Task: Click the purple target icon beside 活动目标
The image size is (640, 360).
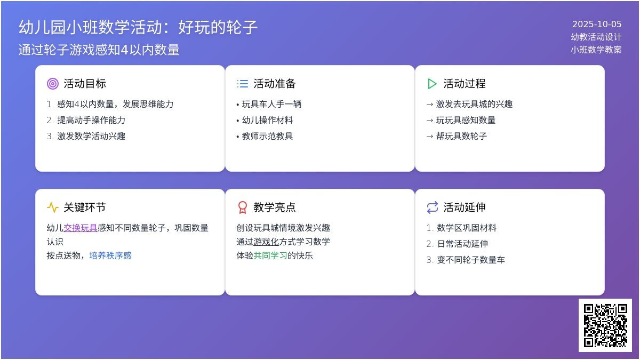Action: [53, 84]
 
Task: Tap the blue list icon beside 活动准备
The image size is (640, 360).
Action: [243, 84]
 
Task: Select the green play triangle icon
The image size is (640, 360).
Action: [433, 84]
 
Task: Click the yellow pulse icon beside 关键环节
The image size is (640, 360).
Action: [53, 207]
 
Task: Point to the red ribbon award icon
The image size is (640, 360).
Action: [243, 207]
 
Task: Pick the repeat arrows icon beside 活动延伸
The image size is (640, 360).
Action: [433, 207]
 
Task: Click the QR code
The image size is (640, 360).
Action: [605, 325]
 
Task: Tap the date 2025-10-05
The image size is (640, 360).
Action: [597, 25]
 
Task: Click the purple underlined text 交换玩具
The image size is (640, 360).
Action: [81, 228]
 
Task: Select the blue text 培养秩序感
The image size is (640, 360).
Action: [110, 255]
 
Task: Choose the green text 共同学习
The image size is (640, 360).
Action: [270, 255]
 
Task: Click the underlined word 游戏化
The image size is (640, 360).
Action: [266, 242]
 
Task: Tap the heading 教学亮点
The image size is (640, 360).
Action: [275, 207]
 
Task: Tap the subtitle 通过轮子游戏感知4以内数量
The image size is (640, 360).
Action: [99, 50]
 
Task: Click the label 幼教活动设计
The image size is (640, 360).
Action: [596, 37]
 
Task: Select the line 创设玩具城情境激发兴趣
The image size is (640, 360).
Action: [283, 228]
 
